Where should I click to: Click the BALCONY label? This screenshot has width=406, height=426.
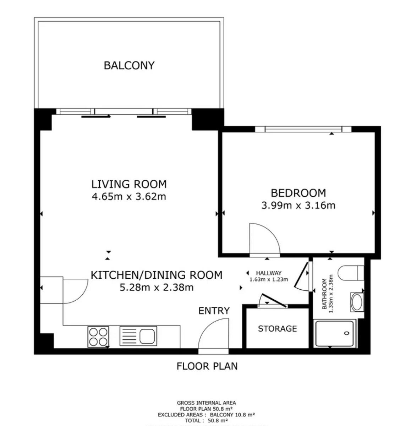(129, 66)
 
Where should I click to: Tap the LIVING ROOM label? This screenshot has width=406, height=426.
(129, 184)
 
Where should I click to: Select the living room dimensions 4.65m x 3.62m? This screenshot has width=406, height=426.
(129, 196)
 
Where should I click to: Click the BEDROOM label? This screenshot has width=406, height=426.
(298, 193)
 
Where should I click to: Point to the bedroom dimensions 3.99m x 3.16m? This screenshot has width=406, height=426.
(298, 205)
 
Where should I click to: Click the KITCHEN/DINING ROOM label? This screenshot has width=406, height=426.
(157, 275)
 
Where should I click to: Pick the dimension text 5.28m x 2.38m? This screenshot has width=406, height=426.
(157, 287)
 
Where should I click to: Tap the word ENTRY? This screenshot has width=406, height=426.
(214, 311)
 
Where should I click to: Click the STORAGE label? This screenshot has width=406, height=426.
(277, 329)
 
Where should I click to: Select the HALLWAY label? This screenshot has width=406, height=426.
(269, 273)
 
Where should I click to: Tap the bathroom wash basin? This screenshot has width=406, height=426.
(357, 302)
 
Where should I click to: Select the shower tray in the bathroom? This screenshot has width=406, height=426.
(335, 333)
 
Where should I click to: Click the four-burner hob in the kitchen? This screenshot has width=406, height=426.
(98, 337)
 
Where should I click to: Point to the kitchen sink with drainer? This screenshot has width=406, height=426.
(138, 336)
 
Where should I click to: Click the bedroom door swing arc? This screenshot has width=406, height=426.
(264, 239)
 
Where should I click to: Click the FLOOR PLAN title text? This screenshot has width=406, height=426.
(207, 366)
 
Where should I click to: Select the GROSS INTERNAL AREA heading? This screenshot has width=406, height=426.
(206, 403)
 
